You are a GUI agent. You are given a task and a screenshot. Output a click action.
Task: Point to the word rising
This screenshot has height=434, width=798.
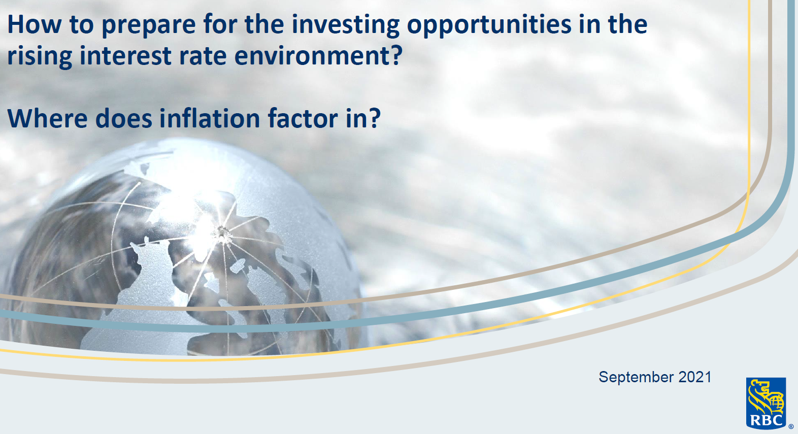40,56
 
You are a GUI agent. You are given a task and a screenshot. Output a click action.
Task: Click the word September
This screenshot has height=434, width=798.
636,377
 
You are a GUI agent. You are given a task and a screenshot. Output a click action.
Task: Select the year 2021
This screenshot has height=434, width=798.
695,377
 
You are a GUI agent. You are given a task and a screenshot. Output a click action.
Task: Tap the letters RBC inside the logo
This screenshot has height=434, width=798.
766,421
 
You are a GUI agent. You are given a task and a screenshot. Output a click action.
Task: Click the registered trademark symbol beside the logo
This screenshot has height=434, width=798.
791,427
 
